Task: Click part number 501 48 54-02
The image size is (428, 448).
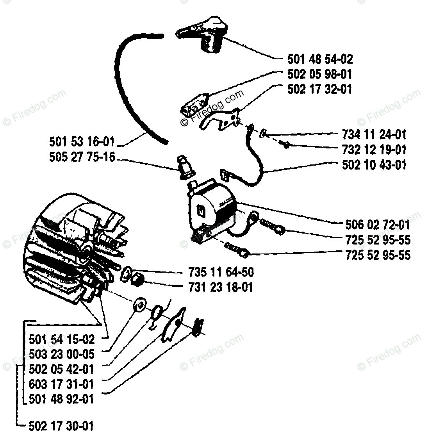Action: point(320,59)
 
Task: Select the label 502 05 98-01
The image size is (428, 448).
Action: point(320,74)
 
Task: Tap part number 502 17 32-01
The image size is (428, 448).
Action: point(320,89)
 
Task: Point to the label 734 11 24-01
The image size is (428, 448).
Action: point(374,135)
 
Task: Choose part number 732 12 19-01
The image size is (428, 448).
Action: point(374,150)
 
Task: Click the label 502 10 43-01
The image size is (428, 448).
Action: point(374,164)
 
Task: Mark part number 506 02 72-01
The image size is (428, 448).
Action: point(378,225)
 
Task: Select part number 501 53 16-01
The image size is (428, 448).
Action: point(83,141)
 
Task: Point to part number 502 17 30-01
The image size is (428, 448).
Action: point(61,425)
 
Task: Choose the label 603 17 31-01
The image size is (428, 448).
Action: point(61,384)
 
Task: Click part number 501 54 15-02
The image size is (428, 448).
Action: point(61,339)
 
